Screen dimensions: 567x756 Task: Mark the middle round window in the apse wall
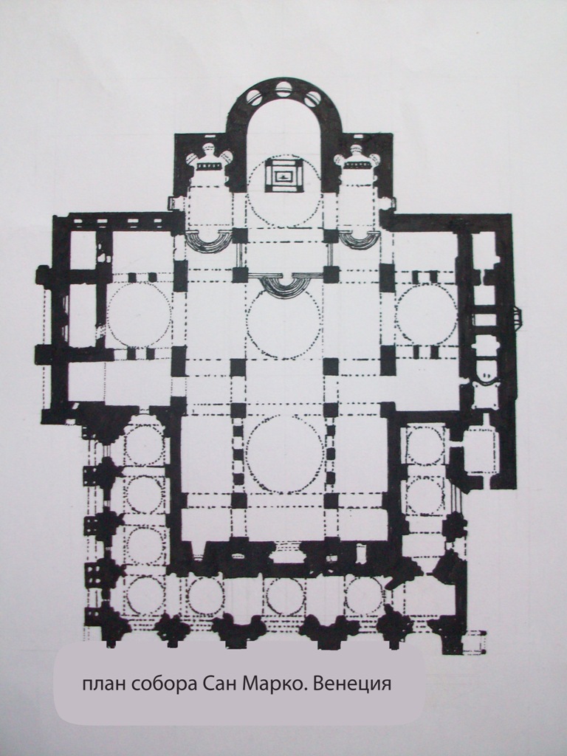tap(283, 89)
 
